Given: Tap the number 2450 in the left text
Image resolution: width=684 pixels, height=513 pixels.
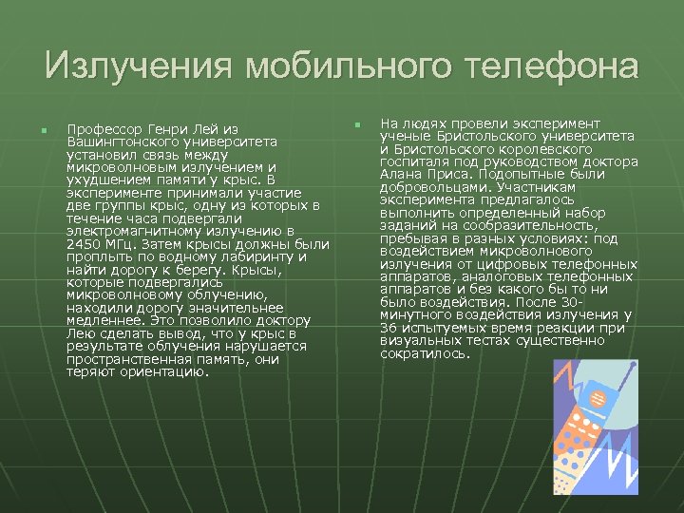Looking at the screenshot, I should pos(85,243).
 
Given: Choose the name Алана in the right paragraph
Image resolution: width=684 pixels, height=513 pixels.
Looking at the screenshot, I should pos(400,175).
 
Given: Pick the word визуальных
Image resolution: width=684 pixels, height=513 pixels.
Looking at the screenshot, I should pos(417,340).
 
